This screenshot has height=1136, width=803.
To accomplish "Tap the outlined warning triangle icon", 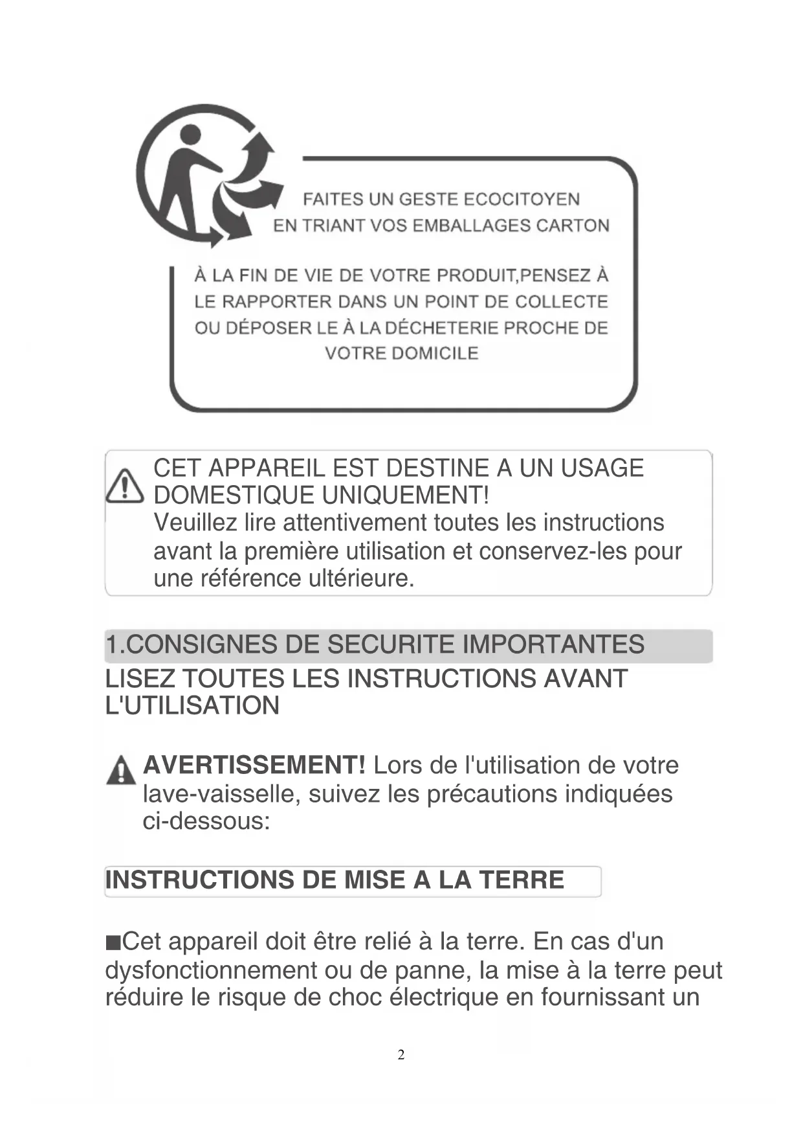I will point(124,486).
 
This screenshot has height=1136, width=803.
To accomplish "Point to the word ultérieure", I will point(361,578).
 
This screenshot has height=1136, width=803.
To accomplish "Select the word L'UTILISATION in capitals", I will point(192,705).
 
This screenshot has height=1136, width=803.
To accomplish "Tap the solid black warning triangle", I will point(121,770).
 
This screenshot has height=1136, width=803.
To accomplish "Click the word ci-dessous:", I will point(206,821).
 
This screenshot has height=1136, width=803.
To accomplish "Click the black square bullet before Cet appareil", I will point(113,942).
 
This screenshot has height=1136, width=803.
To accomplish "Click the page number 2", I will point(401,1055).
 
